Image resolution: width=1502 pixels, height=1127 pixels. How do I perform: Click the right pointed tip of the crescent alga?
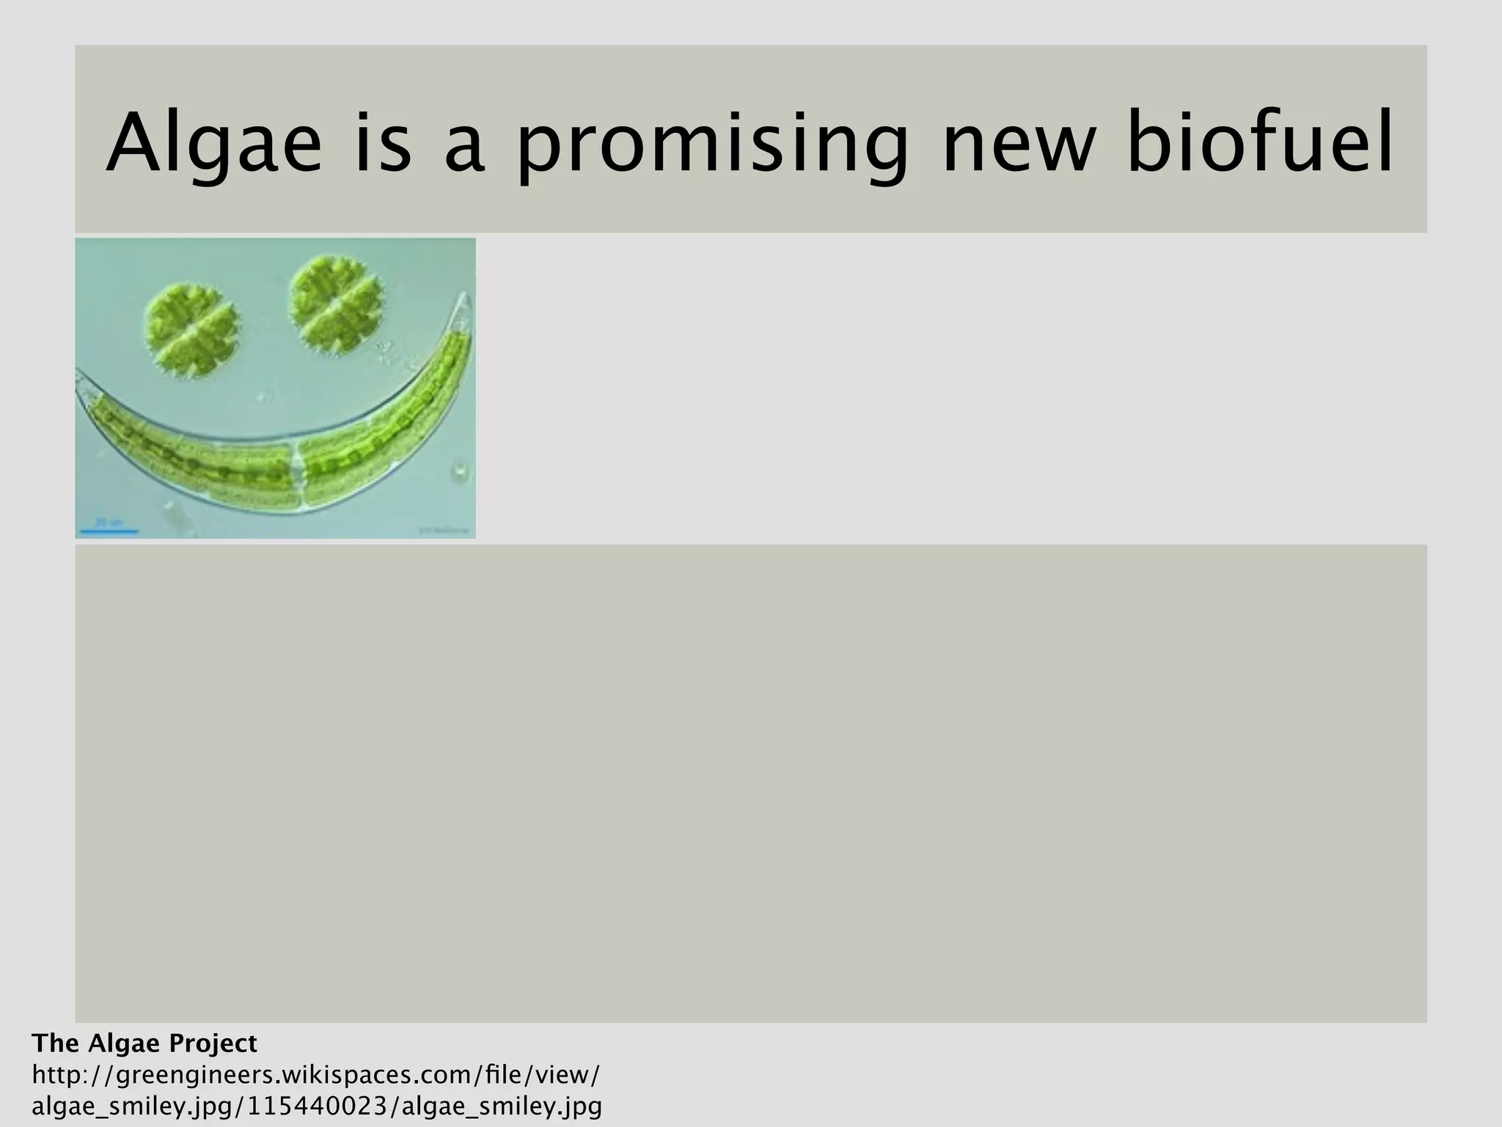[464, 301]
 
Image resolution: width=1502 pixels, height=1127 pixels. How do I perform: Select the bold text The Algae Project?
[144, 1043]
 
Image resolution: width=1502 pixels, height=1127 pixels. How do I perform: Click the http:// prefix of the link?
[71, 1075]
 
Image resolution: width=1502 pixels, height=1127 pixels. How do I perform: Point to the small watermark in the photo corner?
[444, 528]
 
